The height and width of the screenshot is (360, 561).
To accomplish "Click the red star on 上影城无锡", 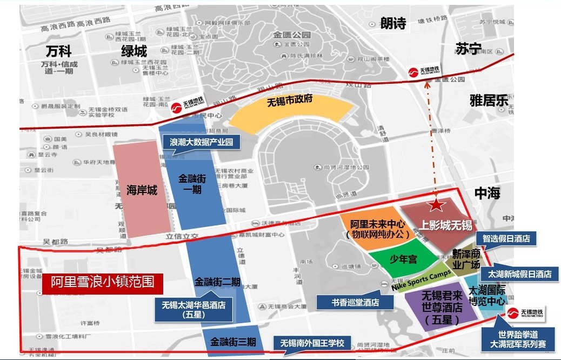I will click(436, 205).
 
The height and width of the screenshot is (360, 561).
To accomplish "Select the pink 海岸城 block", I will click(142, 190).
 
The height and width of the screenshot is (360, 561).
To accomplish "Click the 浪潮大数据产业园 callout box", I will click(201, 142).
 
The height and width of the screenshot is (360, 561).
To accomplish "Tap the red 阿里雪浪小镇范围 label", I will click(103, 282).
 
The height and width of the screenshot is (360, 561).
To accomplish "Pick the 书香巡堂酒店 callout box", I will click(355, 302).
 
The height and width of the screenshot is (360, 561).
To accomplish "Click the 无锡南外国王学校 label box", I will click(312, 343).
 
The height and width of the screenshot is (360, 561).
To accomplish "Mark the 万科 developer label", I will click(58, 51).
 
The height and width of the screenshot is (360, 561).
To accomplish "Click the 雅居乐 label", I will click(489, 101).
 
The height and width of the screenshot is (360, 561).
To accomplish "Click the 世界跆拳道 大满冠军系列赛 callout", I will click(518, 339).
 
